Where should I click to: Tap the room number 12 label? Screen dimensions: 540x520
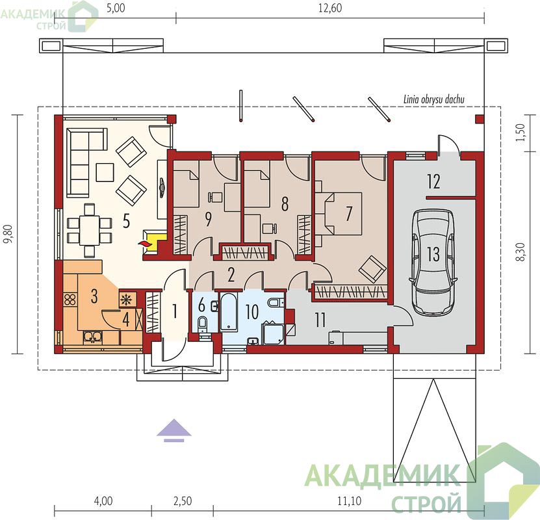click(433, 181)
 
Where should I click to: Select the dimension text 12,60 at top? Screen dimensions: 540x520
click(330, 8)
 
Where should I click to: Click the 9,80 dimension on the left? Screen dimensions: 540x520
click(8, 234)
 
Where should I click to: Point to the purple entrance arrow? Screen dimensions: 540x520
click(174, 430)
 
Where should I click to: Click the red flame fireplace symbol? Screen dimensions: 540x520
click(146, 244)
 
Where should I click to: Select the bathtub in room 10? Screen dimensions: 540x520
click(229, 312)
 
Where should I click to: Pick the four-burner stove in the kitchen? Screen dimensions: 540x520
click(70, 299)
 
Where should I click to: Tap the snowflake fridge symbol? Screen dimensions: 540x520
click(127, 300)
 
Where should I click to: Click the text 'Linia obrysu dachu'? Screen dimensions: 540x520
click(434, 99)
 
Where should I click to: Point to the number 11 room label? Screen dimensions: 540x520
click(320, 320)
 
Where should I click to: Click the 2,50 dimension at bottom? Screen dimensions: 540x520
click(183, 500)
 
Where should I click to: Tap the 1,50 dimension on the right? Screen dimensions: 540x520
click(521, 132)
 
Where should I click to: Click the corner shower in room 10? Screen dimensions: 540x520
click(274, 333)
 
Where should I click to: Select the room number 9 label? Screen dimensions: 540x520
click(208, 219)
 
